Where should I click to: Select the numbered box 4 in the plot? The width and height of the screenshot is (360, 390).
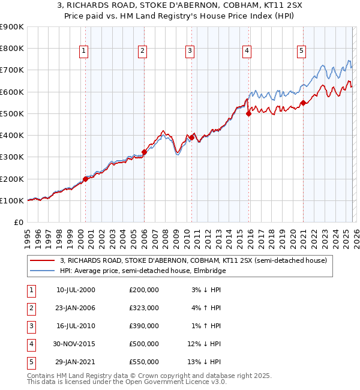pyautogui.click(x=247, y=51)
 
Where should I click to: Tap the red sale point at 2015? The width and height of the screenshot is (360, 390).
pyautogui.click(x=248, y=113)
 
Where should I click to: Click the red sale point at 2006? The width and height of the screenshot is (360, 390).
pyautogui.click(x=144, y=152)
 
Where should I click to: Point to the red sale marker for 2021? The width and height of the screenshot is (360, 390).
pyautogui.click(x=304, y=103)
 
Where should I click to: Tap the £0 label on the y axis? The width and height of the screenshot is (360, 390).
pyautogui.click(x=18, y=222)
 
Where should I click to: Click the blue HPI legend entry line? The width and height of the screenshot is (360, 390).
pyautogui.click(x=43, y=271)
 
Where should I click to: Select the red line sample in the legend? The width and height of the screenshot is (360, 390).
pyautogui.click(x=43, y=260)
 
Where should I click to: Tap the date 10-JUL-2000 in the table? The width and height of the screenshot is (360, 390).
pyautogui.click(x=76, y=290)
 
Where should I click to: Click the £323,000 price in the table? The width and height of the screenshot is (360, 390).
pyautogui.click(x=143, y=308)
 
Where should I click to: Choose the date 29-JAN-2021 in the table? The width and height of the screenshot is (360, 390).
pyautogui.click(x=76, y=362)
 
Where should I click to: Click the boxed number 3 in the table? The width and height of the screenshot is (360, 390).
pyautogui.click(x=31, y=326)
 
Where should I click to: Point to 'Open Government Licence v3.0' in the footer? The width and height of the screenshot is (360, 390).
pyautogui.click(x=175, y=382)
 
